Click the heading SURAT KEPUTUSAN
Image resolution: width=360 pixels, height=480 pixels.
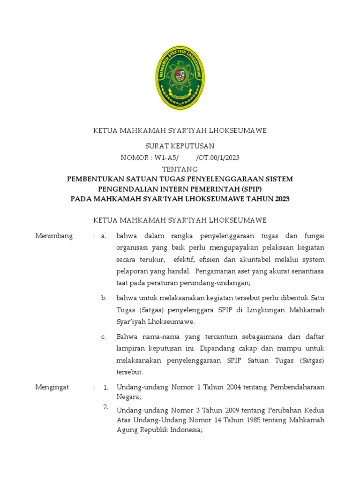pyautogui.click(x=180, y=146)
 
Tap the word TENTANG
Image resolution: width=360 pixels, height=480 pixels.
pyautogui.click(x=180, y=169)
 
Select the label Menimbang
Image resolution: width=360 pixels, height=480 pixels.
pyautogui.click(x=54, y=236)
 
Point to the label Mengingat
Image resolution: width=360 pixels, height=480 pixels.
pyautogui.click(x=52, y=387)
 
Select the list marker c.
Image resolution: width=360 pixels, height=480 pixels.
pyautogui.click(x=104, y=337)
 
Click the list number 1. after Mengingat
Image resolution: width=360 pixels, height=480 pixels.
pyautogui.click(x=106, y=388)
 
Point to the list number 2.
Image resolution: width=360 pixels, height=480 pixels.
pyautogui.click(x=106, y=406)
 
